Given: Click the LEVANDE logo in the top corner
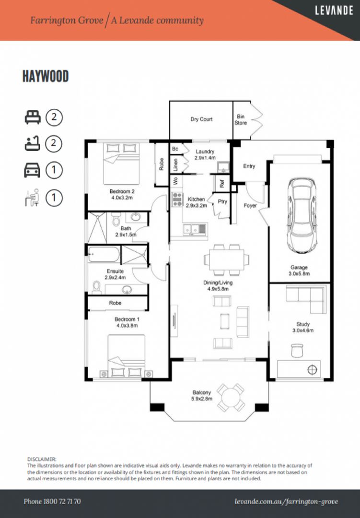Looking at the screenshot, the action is point(334,10).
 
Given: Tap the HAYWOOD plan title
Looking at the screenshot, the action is point(46,76).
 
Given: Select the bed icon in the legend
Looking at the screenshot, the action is point(33,117).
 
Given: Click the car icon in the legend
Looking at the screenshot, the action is point(33,170).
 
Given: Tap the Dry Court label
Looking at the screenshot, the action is point(201,119).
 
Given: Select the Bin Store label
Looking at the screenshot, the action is point(241,119).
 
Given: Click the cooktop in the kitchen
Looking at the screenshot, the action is point(177,200).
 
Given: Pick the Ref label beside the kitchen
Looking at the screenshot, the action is point(222,183).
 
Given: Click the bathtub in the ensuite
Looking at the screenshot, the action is point(104,254).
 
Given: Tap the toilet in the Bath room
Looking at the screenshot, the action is point(116,219).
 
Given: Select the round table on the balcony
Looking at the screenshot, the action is point(231,398).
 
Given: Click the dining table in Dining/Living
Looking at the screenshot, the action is point(226,259).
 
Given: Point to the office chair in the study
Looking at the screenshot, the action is point(297,350).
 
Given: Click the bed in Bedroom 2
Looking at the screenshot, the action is point(121,164).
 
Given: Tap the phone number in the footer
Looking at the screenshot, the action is point(52,501).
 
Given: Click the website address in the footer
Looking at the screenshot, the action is point(286,502).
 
